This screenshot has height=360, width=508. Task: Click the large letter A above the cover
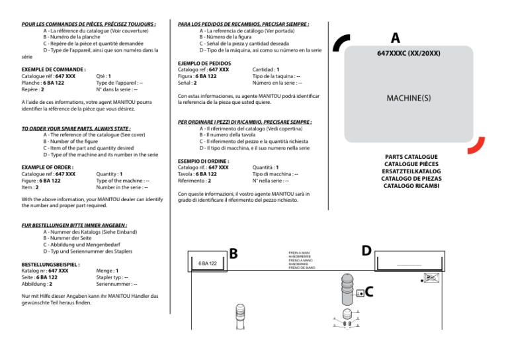[x=395, y=38]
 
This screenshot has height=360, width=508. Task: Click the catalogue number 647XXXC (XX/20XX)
[x=408, y=53]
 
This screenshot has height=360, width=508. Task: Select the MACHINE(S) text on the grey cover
[x=409, y=98]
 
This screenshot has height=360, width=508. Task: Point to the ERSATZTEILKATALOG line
[x=410, y=171]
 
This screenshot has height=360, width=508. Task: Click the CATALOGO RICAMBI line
[x=410, y=185]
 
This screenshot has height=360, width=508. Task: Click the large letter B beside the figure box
[x=233, y=254]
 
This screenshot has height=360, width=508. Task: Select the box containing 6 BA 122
[x=208, y=263]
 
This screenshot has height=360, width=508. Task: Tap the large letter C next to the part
[x=369, y=292]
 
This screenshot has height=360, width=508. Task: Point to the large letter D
[x=366, y=251]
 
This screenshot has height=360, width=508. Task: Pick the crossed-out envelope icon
[x=431, y=279]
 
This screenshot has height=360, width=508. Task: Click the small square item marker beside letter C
[x=359, y=293]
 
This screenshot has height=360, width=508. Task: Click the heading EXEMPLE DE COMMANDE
[x=54, y=69]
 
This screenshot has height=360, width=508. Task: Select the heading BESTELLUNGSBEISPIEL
[x=51, y=263]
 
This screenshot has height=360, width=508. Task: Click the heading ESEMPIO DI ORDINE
[x=204, y=161]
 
